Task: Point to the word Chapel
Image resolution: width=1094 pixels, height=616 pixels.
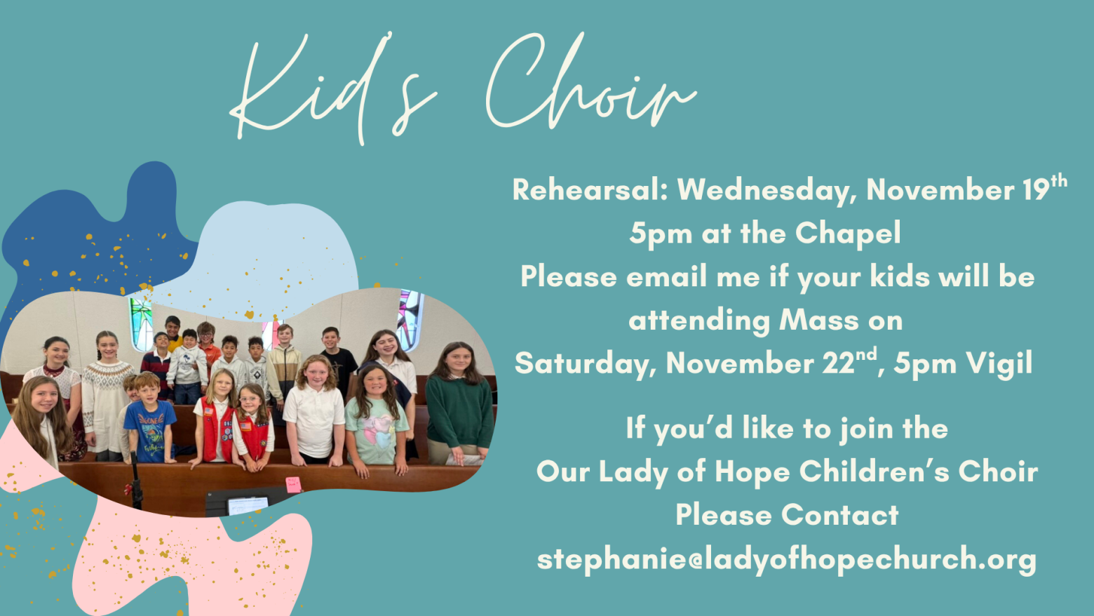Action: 848,234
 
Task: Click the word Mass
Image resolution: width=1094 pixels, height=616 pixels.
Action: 819,321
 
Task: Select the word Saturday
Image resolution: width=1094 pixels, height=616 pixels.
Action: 585,364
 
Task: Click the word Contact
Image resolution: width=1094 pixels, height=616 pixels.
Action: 839,515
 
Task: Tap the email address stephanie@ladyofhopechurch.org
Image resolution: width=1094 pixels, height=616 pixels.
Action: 786,559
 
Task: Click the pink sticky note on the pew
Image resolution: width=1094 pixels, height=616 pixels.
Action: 293,484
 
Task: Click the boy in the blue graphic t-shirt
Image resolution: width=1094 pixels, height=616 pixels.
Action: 149,418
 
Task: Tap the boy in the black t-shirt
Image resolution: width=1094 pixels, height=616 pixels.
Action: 338,361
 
